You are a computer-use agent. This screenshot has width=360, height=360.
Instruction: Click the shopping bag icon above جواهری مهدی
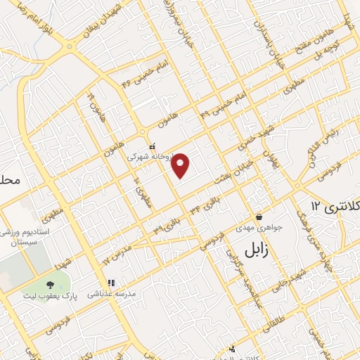(259, 217)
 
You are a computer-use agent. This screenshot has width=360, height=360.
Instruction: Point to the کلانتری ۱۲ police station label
(335, 205)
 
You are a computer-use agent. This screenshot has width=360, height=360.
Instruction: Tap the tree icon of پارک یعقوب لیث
(49, 285)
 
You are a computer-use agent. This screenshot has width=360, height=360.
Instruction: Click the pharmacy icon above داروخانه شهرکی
(152, 146)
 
